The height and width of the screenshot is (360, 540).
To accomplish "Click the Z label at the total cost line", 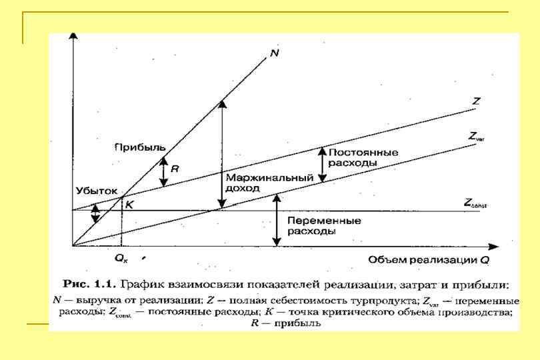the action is pyautogui.click(x=476, y=101).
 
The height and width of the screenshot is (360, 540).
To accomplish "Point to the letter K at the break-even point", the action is pyautogui.click(x=129, y=205).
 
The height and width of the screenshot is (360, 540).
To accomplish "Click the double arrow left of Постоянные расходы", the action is pyautogui.click(x=323, y=164).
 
